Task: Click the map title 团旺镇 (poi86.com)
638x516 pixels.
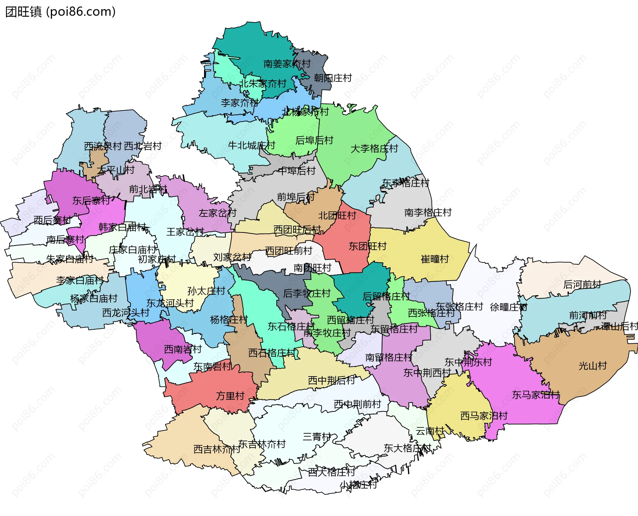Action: tap(60, 12)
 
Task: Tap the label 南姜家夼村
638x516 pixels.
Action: tap(287, 64)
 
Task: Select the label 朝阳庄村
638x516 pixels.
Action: tap(333, 78)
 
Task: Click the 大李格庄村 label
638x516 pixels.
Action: tap(374, 148)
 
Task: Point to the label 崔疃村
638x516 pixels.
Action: tap(435, 259)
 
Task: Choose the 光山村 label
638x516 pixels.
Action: tap(592, 366)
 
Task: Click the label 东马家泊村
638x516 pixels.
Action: tap(536, 395)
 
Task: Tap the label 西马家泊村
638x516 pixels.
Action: tap(484, 416)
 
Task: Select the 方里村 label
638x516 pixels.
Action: tap(230, 396)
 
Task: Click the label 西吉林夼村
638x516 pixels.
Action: tap(217, 449)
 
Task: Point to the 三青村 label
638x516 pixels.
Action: tap(317, 437)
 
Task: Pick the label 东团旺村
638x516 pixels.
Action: tap(368, 246)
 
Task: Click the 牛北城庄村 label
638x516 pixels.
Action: tap(252, 145)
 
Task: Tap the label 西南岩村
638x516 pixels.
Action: tap(183, 349)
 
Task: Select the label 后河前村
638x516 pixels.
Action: tap(582, 285)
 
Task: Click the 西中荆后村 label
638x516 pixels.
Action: tap(331, 380)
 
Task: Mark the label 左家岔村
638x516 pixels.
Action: tap(217, 213)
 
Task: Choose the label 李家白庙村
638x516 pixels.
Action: tap(80, 281)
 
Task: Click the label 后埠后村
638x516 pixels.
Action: tap(314, 140)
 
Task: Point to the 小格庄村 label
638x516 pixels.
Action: tap(358, 485)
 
